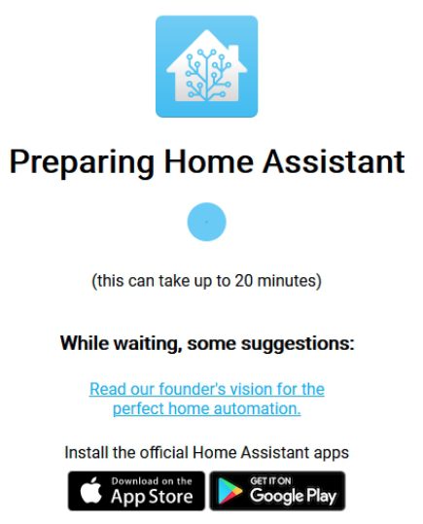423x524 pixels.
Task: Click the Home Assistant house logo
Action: pos(207,66)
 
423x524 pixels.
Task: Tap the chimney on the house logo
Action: pos(233,53)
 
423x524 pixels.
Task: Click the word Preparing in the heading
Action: pos(82,162)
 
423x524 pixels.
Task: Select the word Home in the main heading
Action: pos(209,161)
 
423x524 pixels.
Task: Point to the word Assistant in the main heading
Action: pos(334,161)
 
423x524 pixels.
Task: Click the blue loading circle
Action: pos(207,222)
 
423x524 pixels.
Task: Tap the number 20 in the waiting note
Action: pos(243,280)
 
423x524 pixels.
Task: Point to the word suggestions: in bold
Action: pos(298,343)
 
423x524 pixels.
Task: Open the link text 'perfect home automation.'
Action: pos(207,408)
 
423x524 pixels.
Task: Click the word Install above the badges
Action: pos(87,452)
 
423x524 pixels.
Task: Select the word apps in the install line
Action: pos(331,453)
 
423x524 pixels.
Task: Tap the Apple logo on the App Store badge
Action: pos(90,490)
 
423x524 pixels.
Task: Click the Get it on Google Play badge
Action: pos(277,491)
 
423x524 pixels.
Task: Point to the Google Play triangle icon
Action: pos(229,490)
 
